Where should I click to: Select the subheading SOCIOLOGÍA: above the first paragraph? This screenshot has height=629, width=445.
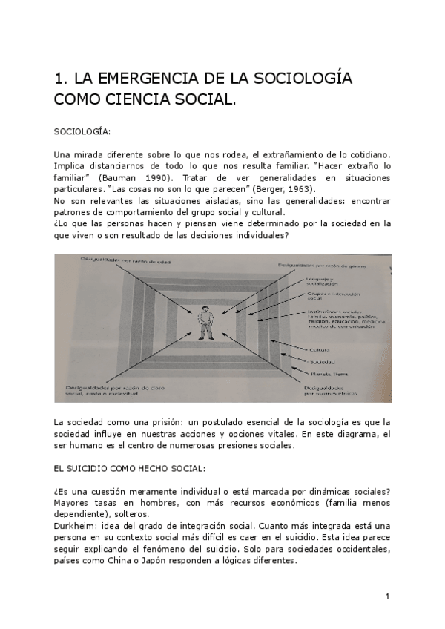[x=82, y=131]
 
